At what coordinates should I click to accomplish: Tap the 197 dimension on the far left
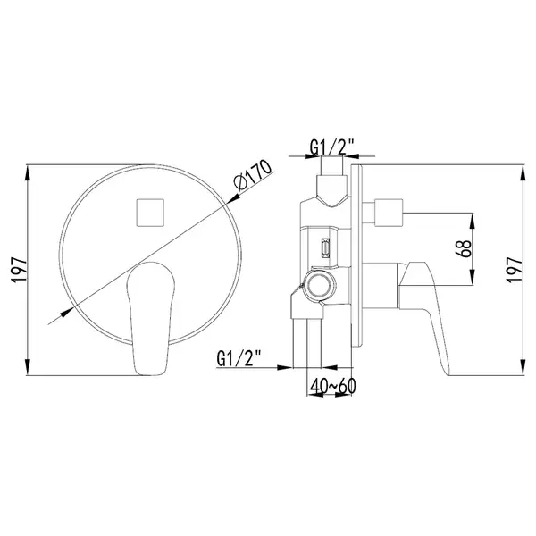[19, 270]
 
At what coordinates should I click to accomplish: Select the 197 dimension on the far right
[515, 270]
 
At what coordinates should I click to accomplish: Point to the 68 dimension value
[464, 248]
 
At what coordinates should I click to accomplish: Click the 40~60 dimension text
[333, 386]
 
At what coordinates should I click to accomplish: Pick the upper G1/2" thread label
[331, 147]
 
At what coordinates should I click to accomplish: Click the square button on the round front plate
[150, 213]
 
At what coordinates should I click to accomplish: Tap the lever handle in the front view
[151, 319]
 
